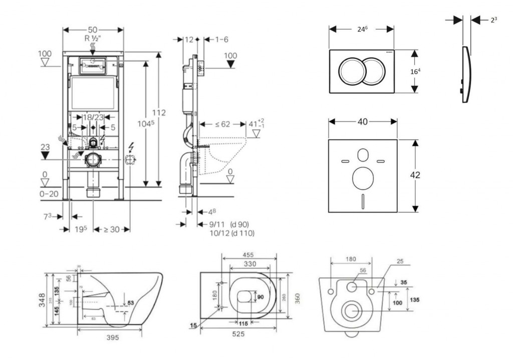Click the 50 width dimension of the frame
(93, 30)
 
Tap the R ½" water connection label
(93, 38)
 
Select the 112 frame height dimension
(159, 113)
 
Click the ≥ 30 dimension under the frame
(112, 229)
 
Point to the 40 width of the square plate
(363, 121)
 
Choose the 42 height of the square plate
(415, 175)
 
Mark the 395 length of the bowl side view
(113, 338)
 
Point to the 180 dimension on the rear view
(351, 259)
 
